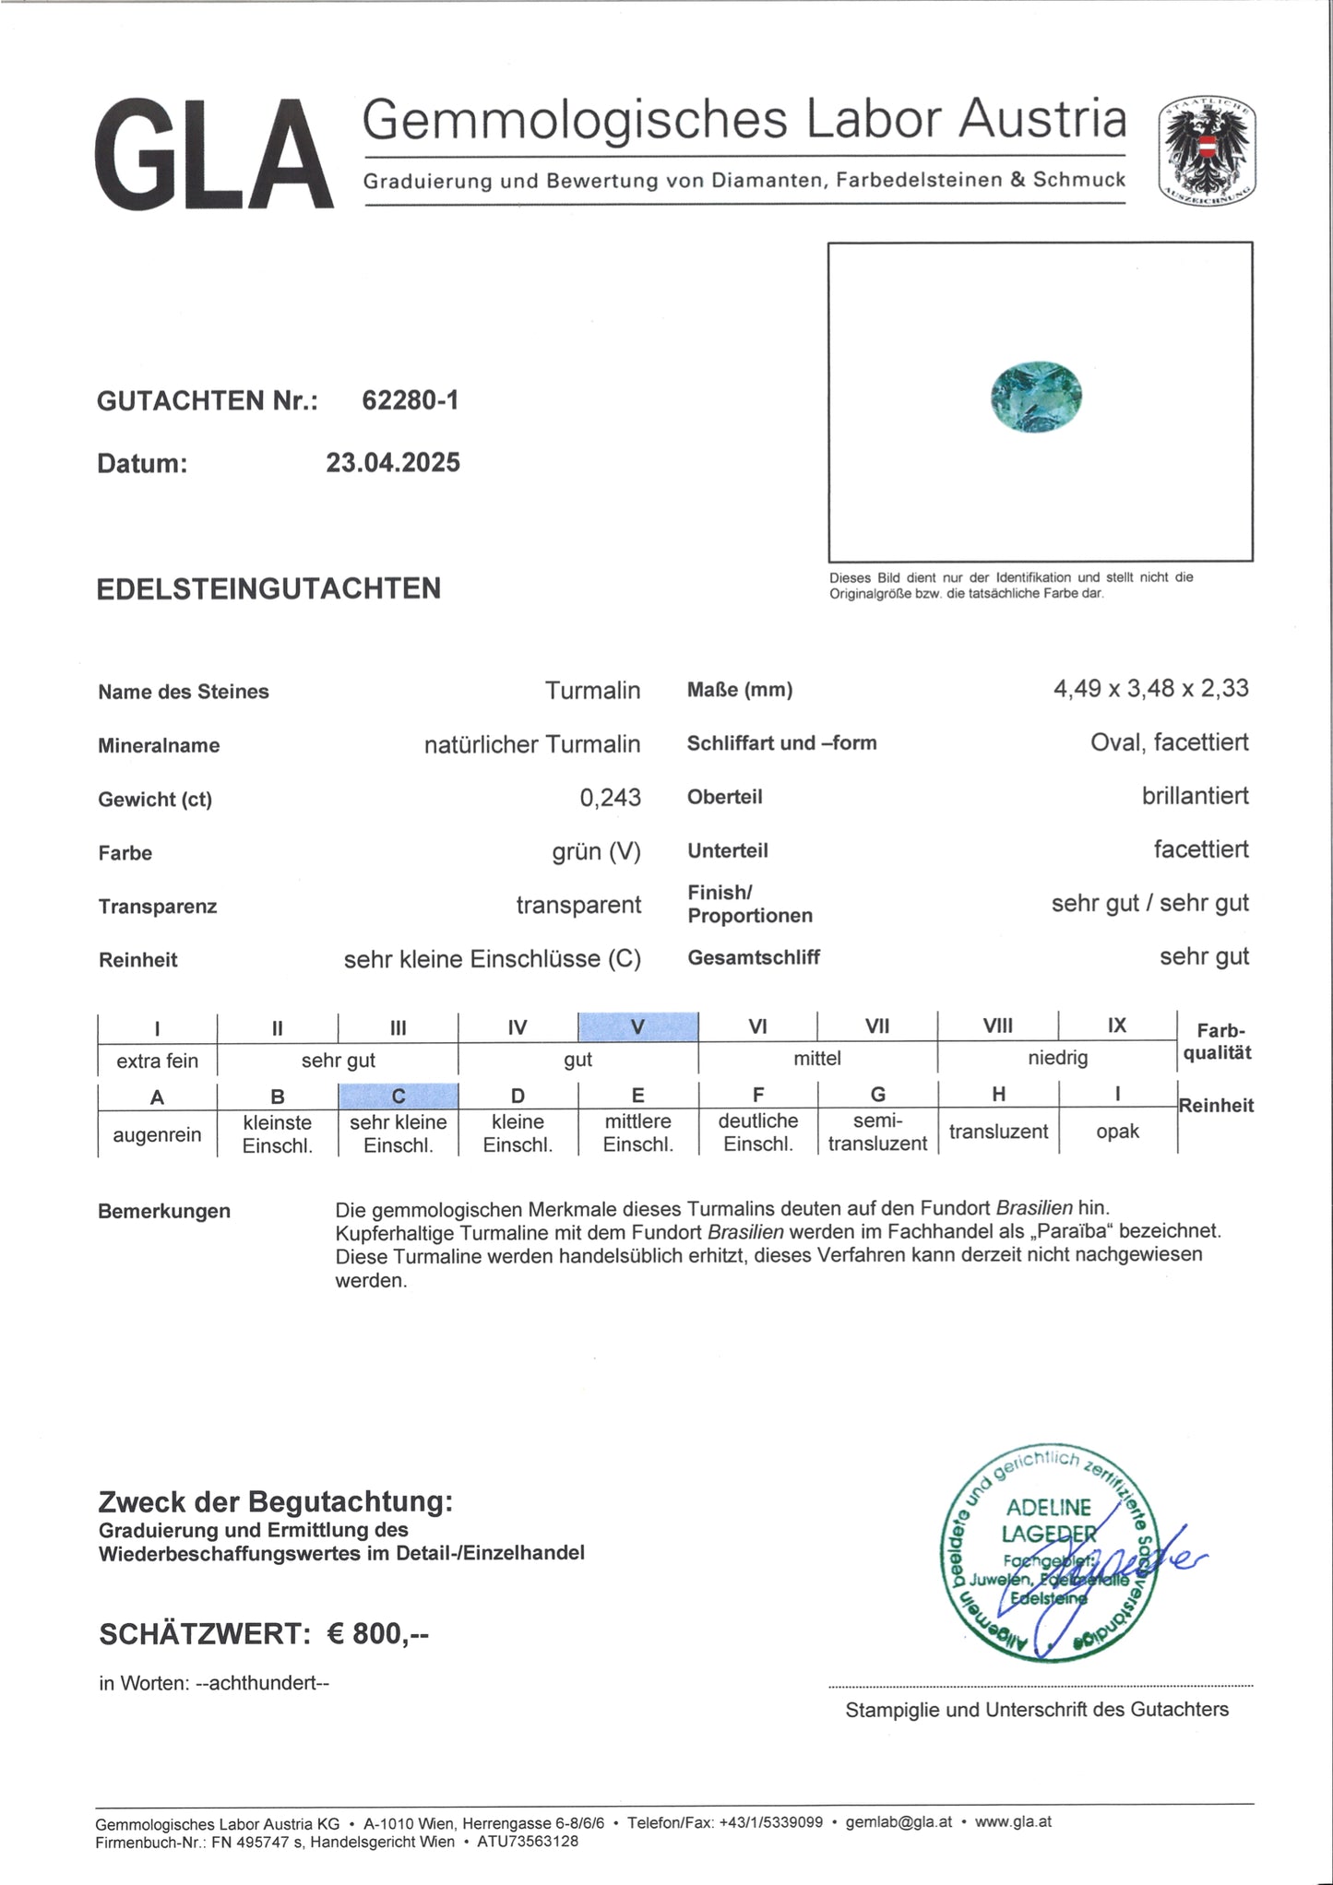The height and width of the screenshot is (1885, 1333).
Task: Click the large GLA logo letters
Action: coord(214,154)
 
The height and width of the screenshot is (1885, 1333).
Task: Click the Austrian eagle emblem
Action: coord(1207,150)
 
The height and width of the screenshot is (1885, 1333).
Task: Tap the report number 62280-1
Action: coord(410,400)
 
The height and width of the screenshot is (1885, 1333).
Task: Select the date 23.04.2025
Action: coord(393,462)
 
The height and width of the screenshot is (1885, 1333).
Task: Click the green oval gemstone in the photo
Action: coord(1036,397)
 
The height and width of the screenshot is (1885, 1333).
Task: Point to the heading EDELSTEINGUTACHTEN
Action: coord(268,588)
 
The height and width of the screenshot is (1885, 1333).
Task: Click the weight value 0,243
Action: coord(610,798)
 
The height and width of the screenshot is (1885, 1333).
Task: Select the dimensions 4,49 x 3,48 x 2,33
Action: coord(1150,688)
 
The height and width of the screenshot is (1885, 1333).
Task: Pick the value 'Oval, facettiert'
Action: coord(1169,742)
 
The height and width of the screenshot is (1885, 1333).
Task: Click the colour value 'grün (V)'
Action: coord(596,851)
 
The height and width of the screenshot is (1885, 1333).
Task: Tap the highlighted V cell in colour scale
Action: coord(637,1026)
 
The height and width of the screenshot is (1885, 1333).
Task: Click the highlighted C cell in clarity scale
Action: coord(398,1096)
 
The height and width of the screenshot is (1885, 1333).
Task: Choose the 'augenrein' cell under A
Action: coord(157,1134)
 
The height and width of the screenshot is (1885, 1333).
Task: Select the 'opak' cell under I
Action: coord(1117,1132)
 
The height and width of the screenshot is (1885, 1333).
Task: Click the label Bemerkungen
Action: coord(164,1211)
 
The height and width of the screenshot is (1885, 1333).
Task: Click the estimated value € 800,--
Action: coord(378,1633)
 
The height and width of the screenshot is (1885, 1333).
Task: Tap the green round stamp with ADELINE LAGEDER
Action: coord(1047,1550)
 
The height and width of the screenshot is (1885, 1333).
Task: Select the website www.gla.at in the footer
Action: coord(1013,1821)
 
